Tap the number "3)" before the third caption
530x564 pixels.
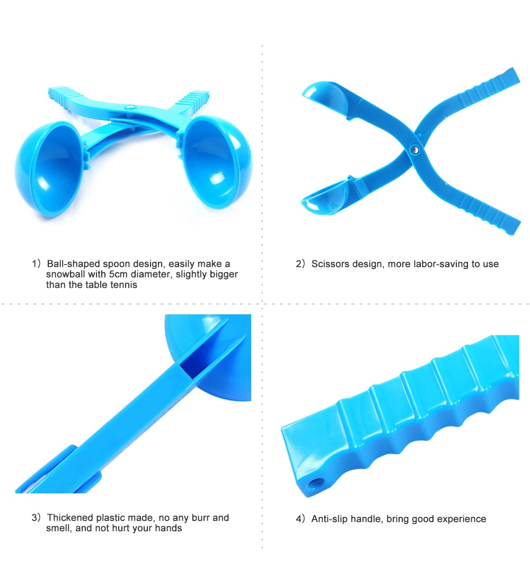pos(36,517)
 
